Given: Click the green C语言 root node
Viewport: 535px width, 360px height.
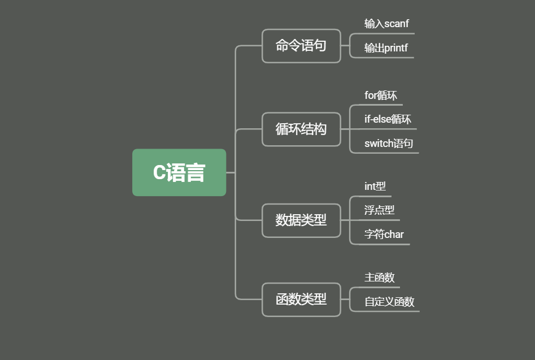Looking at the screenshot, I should (179, 172).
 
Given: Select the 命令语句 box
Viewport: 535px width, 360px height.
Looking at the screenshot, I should (301, 46).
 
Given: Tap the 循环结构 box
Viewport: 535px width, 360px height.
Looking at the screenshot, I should (301, 129).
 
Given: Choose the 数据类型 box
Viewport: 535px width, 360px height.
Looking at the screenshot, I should (301, 220).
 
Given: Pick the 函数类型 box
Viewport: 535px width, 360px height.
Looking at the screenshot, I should (301, 300).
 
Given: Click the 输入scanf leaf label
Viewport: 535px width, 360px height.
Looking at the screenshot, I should (386, 24).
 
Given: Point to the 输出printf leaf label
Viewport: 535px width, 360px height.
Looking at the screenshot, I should (386, 48).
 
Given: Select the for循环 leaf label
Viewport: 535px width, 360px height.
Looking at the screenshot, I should (381, 96).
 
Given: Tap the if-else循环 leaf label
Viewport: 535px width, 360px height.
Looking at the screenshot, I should (388, 119).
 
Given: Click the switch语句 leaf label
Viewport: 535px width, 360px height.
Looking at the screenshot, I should (389, 144).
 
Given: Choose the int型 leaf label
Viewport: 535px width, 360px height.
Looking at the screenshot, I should (375, 186).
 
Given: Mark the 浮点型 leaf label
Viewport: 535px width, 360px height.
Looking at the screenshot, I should (379, 210).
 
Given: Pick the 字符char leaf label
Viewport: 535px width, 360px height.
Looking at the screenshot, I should (384, 235).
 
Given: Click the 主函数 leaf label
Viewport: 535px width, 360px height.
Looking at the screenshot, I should (379, 277).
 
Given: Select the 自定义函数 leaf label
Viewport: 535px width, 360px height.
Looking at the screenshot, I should (389, 302).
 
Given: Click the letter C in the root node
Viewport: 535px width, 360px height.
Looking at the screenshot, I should (159, 173).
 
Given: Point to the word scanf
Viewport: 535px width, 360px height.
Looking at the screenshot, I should (396, 24).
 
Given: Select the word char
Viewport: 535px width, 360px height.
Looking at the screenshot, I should (394, 235).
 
